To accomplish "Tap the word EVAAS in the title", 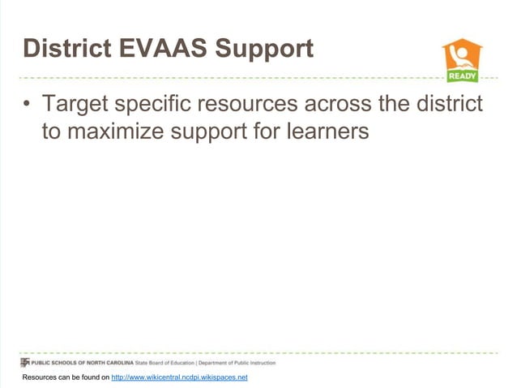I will point(161,49).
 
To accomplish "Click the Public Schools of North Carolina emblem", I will point(26,362).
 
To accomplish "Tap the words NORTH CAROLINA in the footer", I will point(110,362).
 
